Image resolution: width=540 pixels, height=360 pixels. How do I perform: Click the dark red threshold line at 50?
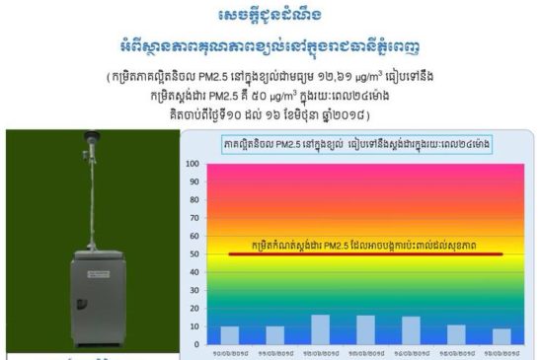pyautogui.click(x=365, y=254)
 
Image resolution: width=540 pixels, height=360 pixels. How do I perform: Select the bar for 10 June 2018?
pyautogui.click(x=230, y=335)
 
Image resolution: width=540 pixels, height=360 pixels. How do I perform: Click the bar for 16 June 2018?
pyautogui.click(x=501, y=336)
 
